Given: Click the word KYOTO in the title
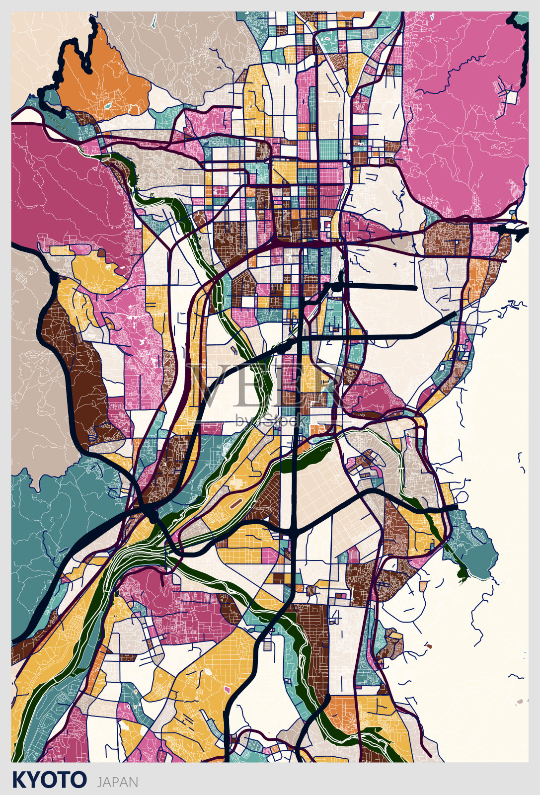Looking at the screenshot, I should click(x=49, y=780).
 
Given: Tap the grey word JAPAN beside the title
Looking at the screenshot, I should click(x=118, y=782).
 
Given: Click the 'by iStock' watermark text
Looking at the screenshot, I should click(x=271, y=420).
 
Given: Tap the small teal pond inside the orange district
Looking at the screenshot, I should click(x=106, y=106).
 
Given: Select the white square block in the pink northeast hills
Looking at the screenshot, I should click(x=511, y=97).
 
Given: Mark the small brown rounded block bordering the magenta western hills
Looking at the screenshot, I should click(x=102, y=253).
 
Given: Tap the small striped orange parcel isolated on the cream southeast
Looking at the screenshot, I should click(x=423, y=587).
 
